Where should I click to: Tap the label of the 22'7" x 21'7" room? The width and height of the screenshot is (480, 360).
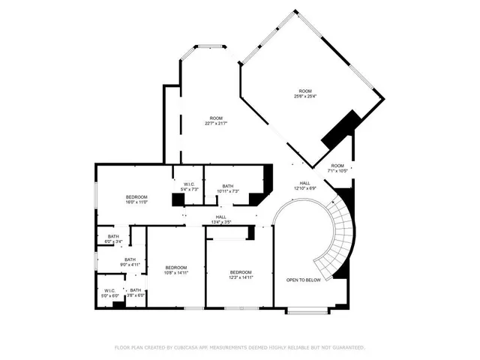(216, 120)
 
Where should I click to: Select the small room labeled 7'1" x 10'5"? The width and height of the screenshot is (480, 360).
(337, 168)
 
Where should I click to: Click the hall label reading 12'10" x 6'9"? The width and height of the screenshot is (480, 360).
(305, 185)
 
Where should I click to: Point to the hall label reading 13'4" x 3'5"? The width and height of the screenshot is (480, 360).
(221, 219)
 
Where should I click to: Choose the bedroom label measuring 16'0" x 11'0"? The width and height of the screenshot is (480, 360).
(136, 199)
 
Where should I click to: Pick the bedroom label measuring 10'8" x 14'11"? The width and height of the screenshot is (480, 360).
(176, 270)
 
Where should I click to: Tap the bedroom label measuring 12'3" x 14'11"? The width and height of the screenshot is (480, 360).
(240, 274)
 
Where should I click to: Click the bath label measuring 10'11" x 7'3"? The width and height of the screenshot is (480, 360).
(228, 188)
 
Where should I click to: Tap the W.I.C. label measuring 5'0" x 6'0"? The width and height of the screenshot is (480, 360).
(110, 292)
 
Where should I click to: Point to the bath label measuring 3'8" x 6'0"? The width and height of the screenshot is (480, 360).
(136, 292)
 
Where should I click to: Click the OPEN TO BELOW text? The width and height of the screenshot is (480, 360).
(304, 280)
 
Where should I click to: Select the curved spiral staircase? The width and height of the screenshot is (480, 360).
(336, 240)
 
